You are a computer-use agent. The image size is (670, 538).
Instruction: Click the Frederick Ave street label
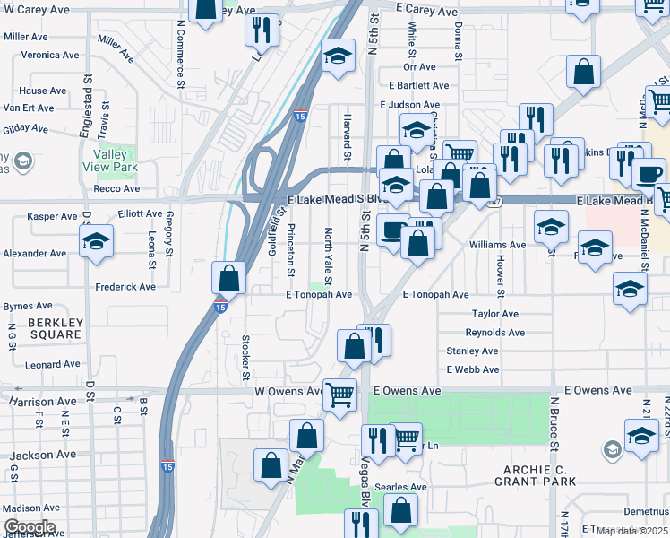click(125, 287)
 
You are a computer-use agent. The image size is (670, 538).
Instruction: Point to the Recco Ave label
click(116, 189)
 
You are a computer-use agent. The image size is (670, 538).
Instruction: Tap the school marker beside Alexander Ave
click(96, 241)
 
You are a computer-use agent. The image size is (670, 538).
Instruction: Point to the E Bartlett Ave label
click(413, 85)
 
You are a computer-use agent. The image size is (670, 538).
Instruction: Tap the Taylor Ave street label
click(495, 314)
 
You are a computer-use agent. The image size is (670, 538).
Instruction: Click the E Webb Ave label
click(472, 369)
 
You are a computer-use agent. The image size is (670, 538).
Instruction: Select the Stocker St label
click(245, 358)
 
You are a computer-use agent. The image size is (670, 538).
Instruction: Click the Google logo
click(30, 527)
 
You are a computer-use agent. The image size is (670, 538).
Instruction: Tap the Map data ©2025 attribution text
click(633, 531)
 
